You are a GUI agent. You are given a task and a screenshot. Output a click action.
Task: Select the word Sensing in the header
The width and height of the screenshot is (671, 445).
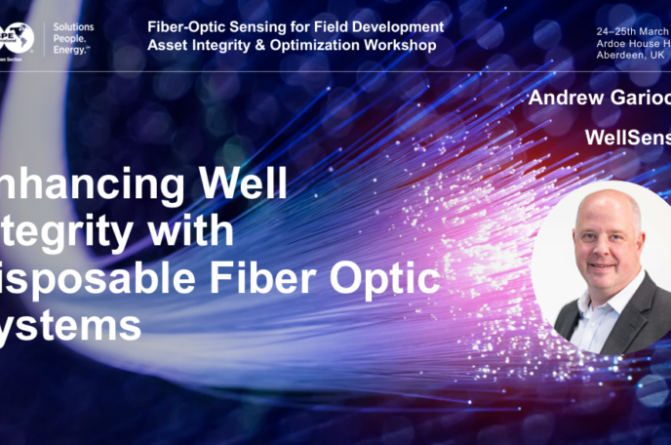(x=261, y=26)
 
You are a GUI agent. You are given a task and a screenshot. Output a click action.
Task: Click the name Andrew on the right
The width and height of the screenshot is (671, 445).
(x=563, y=99)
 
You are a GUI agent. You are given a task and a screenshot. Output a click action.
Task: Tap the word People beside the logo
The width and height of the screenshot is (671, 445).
(x=70, y=38)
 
